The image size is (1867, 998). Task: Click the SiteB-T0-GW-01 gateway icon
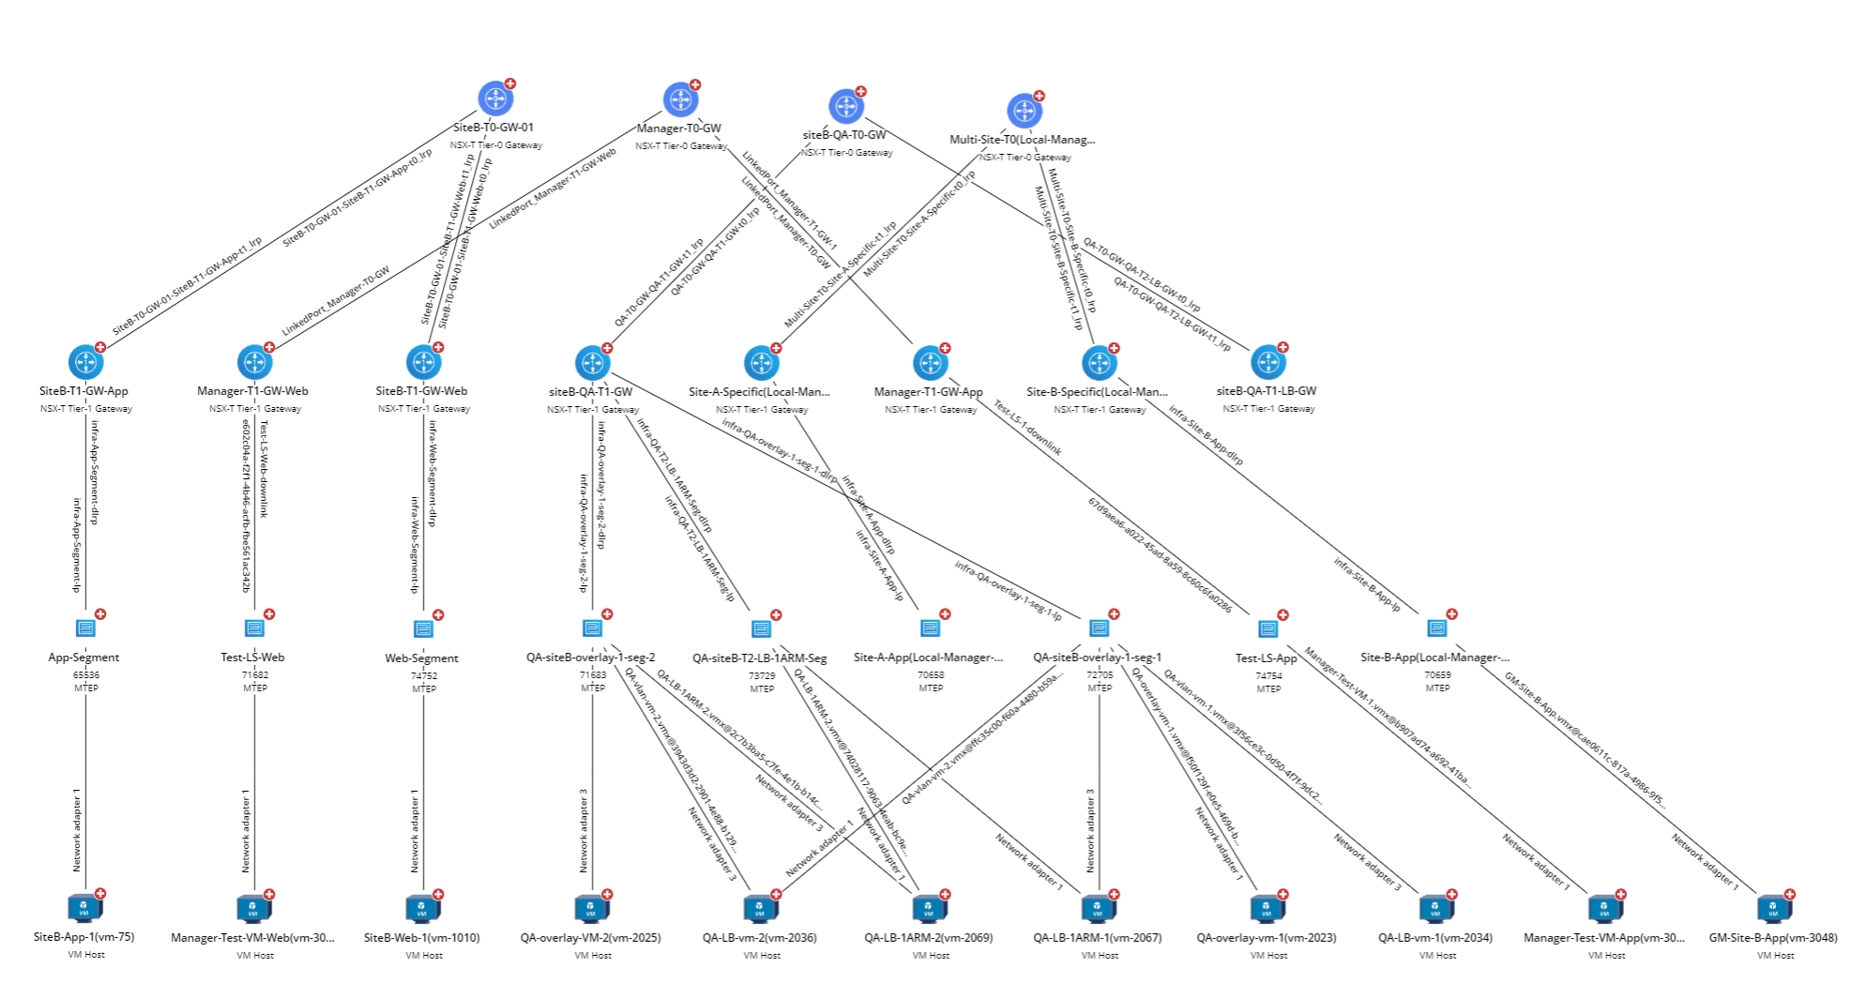click(495, 98)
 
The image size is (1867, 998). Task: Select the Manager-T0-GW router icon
click(680, 99)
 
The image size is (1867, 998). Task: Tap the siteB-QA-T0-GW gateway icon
click(846, 107)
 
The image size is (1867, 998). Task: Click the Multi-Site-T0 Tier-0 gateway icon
click(1025, 111)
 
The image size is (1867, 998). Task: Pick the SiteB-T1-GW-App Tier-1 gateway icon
click(85, 362)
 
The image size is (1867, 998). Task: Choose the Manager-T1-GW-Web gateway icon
click(254, 362)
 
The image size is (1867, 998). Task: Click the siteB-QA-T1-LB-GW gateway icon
click(1268, 362)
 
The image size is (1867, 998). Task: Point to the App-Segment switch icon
click(85, 628)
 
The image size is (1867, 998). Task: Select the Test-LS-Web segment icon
click(254, 628)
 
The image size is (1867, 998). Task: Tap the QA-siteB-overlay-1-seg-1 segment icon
click(1100, 628)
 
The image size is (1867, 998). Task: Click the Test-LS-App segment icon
click(1268, 628)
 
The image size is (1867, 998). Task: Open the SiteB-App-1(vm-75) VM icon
click(85, 908)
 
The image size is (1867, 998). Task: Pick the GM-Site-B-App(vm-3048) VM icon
click(1774, 908)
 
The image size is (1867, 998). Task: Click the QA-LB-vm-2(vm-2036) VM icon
click(761, 908)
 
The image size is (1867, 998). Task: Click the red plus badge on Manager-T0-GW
click(695, 85)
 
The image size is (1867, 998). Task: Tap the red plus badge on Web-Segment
click(438, 615)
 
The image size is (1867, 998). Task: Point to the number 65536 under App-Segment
click(86, 674)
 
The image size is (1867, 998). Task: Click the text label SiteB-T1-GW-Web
click(421, 391)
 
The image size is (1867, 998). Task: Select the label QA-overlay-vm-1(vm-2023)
click(1267, 937)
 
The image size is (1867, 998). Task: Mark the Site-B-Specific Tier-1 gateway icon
click(1100, 362)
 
